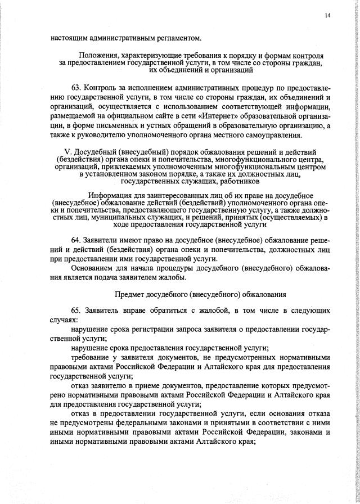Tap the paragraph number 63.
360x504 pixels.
76,89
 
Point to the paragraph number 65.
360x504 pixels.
76,310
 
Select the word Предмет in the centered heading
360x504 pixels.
130,294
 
